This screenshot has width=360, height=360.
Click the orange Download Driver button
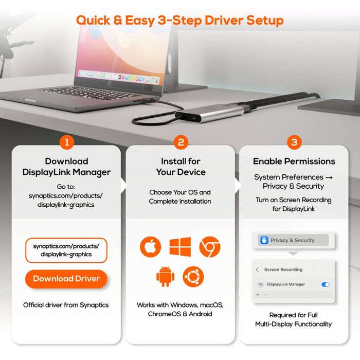pyautogui.click(x=66, y=279)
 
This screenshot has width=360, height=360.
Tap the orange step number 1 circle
pyautogui.click(x=67, y=142)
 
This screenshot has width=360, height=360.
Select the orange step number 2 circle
pyautogui.click(x=181, y=142)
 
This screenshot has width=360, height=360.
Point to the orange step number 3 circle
pyautogui.click(x=294, y=142)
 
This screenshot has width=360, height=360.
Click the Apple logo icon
pyautogui.click(x=151, y=247)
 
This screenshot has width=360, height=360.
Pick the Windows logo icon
pyautogui.click(x=180, y=247)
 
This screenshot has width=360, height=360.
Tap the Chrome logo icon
pyautogui.click(x=210, y=247)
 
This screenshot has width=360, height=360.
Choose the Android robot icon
pyautogui.click(x=165, y=277)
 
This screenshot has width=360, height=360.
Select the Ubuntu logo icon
pyautogui.click(x=193, y=277)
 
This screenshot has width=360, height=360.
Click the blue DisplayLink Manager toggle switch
pyautogui.click(x=326, y=285)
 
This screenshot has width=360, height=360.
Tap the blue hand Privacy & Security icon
pyautogui.click(x=264, y=240)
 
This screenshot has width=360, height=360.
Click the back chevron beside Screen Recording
pyautogui.click(x=257, y=269)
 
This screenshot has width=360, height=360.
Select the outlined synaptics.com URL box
pyautogui.click(x=66, y=250)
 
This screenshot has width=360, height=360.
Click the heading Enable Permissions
pyautogui.click(x=294, y=161)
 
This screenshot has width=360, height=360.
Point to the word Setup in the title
pyautogui.click(x=265, y=21)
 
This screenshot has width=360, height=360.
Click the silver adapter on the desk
pyautogui.click(x=210, y=114)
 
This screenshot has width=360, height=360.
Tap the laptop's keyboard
pyautogui.click(x=89, y=93)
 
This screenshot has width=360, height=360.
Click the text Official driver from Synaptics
pyautogui.click(x=66, y=305)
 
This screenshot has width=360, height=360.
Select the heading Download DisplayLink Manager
pyautogui.click(x=66, y=167)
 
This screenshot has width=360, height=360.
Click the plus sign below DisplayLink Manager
pyautogui.click(x=258, y=295)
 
